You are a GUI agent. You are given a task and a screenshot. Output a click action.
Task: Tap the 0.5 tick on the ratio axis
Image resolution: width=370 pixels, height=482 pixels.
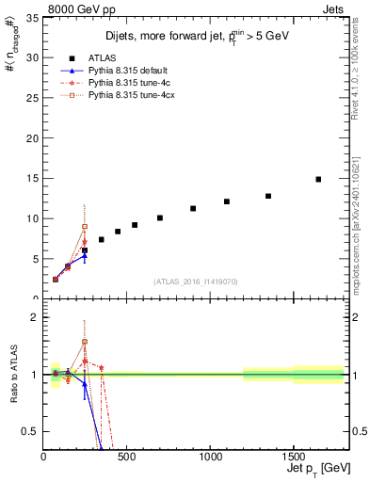coord(31,431)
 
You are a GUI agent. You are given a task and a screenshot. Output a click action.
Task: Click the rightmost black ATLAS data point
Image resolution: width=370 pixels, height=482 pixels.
coord(318,179)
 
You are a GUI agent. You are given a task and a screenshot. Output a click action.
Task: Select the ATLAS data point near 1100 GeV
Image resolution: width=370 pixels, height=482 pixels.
coord(227,201)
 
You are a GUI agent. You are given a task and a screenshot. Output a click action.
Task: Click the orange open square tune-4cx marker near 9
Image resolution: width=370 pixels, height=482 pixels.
coord(85,226)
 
